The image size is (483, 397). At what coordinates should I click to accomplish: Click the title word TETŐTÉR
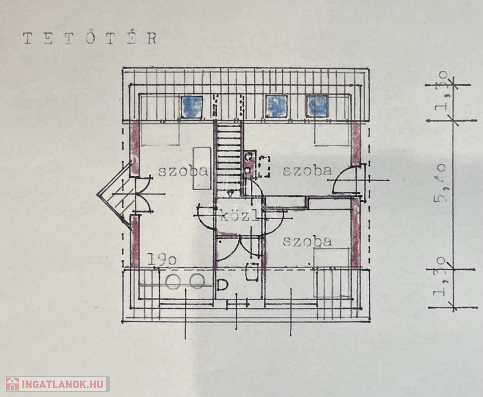click(x=89, y=38)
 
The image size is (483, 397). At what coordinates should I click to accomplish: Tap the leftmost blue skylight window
click(x=192, y=106)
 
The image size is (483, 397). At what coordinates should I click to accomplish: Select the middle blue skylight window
click(x=276, y=106)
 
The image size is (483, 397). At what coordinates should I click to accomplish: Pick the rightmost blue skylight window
click(x=316, y=106)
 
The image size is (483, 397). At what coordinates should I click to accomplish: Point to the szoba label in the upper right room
click(x=307, y=171)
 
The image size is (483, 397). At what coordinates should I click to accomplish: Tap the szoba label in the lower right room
click(x=307, y=241)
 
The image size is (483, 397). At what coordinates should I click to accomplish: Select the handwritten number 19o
click(x=162, y=260)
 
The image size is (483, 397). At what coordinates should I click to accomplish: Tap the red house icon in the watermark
click(x=12, y=384)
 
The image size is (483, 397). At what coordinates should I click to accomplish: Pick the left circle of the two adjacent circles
click(x=174, y=282)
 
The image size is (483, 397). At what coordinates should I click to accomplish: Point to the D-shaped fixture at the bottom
click(x=223, y=285)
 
